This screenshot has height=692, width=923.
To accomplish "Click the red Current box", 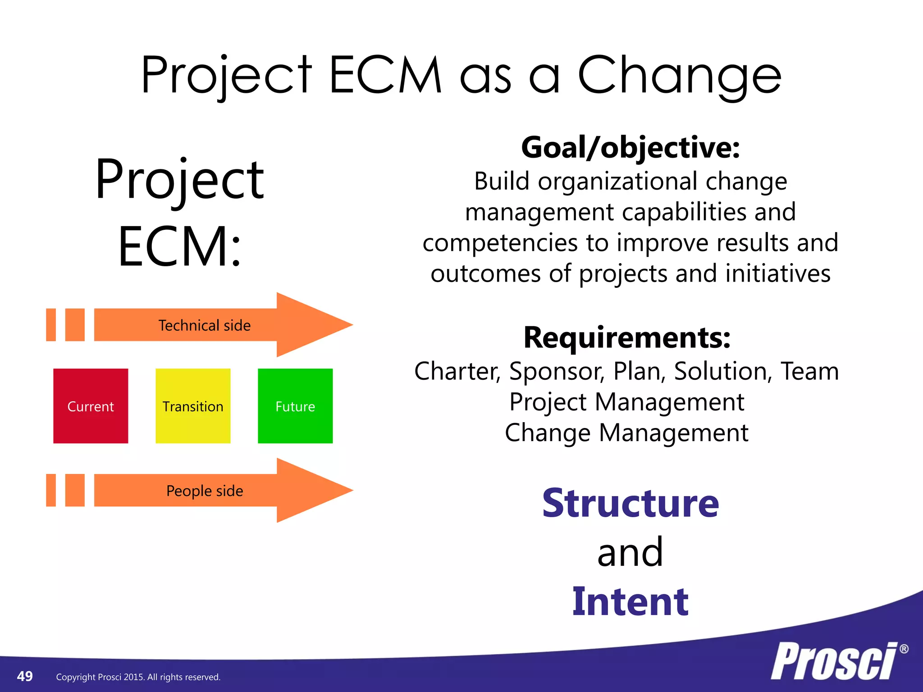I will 91,406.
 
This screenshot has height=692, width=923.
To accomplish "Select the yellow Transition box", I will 193,406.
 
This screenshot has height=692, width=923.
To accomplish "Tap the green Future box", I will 295,406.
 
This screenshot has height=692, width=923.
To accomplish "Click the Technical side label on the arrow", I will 204,325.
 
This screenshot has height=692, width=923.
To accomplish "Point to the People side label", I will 204,491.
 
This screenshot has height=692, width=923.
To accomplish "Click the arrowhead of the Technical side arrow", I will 311,324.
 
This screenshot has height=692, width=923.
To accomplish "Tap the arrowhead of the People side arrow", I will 311,490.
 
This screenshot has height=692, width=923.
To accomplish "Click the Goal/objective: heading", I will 631,148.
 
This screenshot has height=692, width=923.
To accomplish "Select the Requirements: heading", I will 627,338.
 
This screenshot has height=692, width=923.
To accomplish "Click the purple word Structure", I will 631,503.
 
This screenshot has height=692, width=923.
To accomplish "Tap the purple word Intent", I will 631,602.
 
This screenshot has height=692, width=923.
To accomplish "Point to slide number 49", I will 25,676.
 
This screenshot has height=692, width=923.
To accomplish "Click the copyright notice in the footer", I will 138,677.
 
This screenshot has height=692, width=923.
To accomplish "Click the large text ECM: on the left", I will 180,246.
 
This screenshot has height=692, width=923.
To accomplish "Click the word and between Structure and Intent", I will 630,553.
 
